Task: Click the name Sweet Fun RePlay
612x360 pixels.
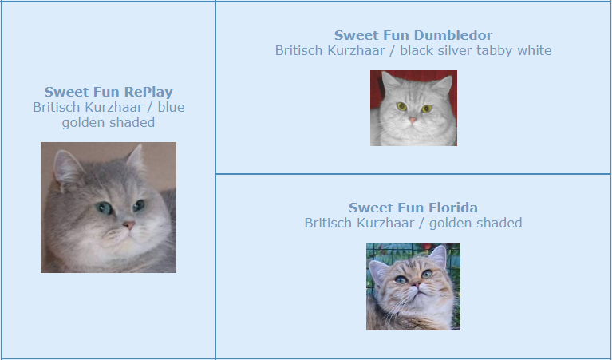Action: coord(109,92)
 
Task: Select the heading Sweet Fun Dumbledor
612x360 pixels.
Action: coord(413,35)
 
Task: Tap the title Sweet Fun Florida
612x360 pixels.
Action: coord(413,208)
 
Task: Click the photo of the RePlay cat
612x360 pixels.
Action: coord(109,208)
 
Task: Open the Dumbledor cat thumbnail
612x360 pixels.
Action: coord(414,108)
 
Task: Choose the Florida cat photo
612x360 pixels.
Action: coord(413,287)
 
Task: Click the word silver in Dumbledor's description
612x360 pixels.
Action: coord(442,50)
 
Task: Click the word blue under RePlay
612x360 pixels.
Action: coord(171,107)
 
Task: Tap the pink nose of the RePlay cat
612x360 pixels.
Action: coord(128,225)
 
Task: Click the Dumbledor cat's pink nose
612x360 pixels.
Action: coord(413,121)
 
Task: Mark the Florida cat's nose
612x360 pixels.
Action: coord(417,285)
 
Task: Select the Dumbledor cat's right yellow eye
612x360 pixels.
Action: coord(427,108)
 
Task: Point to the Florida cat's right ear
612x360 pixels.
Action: coord(437,256)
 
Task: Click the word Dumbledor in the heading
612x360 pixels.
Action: coord(452,35)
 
